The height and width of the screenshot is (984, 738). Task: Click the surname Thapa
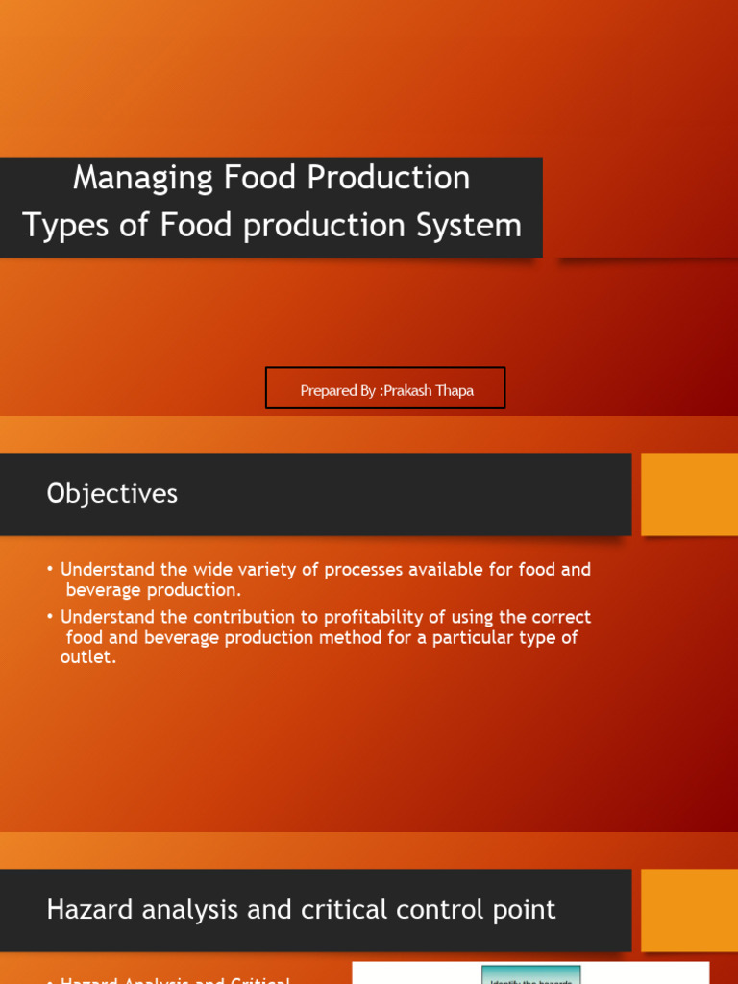[x=455, y=391]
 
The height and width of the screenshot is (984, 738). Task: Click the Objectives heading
[x=111, y=494]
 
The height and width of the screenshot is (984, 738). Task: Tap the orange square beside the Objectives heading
[x=689, y=494]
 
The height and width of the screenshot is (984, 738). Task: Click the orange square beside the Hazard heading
[x=689, y=910]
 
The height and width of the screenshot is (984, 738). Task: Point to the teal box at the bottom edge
[x=530, y=974]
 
